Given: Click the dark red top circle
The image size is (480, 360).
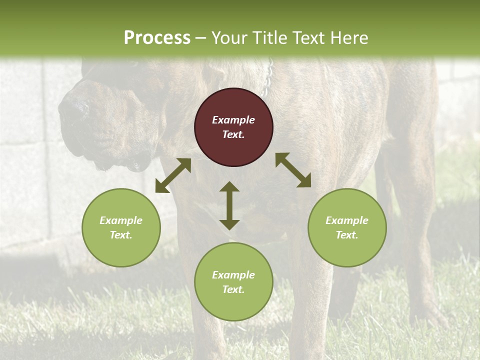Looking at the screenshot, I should pyautogui.click(x=233, y=127).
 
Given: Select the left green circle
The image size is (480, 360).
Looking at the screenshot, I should pyautogui.click(x=121, y=227).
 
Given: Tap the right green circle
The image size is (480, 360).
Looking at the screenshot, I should pyautogui.click(x=347, y=227).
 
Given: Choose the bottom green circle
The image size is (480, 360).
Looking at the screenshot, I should pyautogui.click(x=233, y=282).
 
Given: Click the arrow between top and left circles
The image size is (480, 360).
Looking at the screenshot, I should pyautogui.click(x=173, y=175).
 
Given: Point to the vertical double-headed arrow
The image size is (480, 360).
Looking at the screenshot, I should pyautogui.click(x=229, y=205).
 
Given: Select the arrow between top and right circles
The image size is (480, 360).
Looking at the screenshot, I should pyautogui.click(x=293, y=170).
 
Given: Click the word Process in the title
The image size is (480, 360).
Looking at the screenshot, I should pyautogui.click(x=157, y=37).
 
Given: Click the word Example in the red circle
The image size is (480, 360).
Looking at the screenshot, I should pyautogui.click(x=233, y=120).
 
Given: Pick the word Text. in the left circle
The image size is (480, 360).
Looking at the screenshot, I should pyautogui.click(x=121, y=235).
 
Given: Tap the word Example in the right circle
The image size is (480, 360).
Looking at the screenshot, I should pyautogui.click(x=347, y=220).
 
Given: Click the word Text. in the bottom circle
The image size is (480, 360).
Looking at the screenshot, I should pyautogui.click(x=233, y=289).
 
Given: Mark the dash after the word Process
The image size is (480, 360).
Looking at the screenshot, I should pyautogui.click(x=201, y=38).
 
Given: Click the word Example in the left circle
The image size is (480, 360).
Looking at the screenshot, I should pyautogui.click(x=121, y=220).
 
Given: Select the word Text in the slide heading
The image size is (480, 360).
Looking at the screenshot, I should pyautogui.click(x=307, y=37).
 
